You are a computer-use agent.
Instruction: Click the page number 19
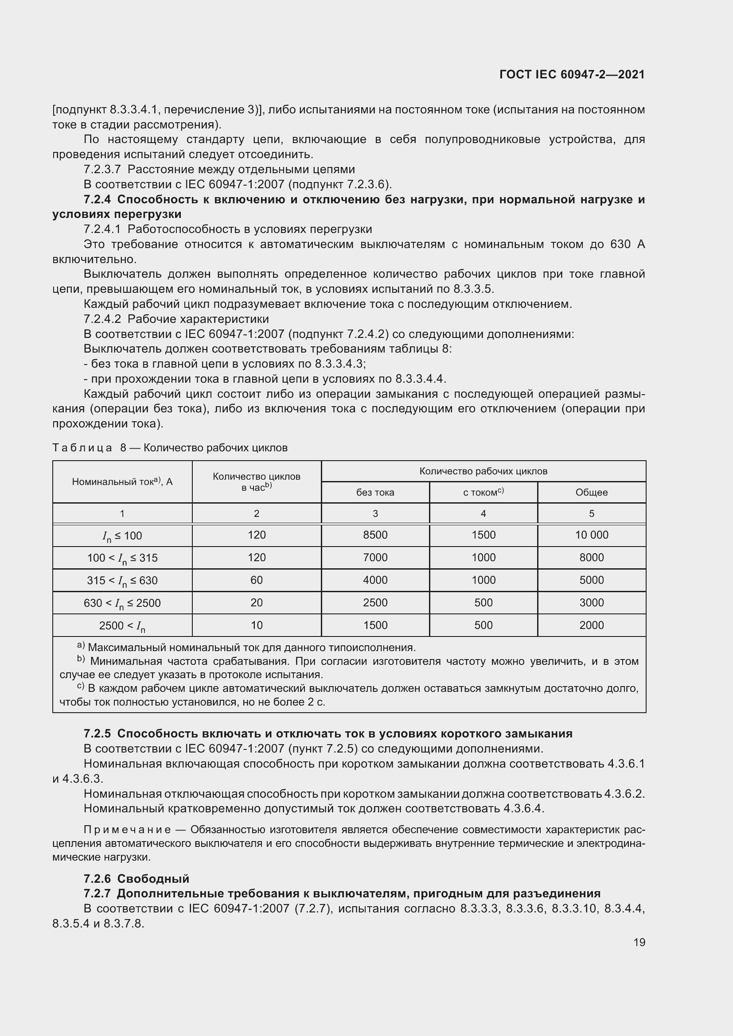pyautogui.click(x=639, y=942)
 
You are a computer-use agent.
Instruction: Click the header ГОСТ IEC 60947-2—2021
pyautogui.click(x=572, y=74)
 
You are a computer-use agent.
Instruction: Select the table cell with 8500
pyautogui.click(x=375, y=535)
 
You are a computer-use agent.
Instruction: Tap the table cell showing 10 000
pyautogui.click(x=591, y=535)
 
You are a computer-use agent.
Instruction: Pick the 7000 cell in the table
pyautogui.click(x=375, y=557)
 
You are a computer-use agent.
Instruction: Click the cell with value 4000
pyautogui.click(x=375, y=580)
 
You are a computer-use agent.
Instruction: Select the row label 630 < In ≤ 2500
pyautogui.click(x=122, y=603)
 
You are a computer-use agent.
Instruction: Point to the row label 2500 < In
pyautogui.click(x=122, y=626)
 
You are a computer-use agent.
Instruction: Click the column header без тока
pyautogui.click(x=375, y=492)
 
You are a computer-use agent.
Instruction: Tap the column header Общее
pyautogui.click(x=591, y=492)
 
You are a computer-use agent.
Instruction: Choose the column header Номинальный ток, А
pyautogui.click(x=122, y=481)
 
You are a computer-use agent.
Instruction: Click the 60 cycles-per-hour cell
pyautogui.click(x=256, y=580)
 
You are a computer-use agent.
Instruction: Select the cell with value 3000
pyautogui.click(x=591, y=602)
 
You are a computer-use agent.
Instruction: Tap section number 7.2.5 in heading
pyautogui.click(x=97, y=733)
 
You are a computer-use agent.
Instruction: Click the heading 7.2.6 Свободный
pyautogui.click(x=136, y=878)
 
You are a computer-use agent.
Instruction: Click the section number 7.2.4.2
pyautogui.click(x=102, y=319)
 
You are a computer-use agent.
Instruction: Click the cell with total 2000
pyautogui.click(x=591, y=625)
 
